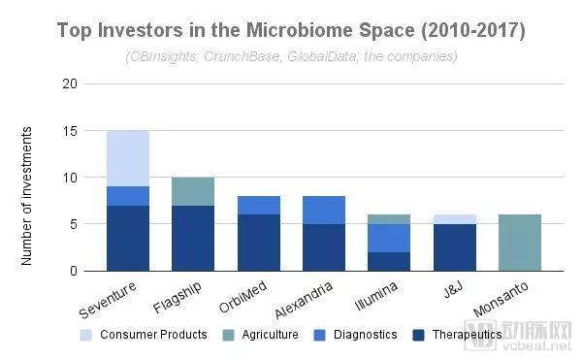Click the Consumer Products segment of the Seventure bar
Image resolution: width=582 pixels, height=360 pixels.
pyautogui.click(x=128, y=158)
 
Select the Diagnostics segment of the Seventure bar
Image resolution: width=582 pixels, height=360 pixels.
pyautogui.click(x=128, y=196)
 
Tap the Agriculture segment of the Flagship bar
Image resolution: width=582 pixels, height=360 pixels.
pyautogui.click(x=193, y=191)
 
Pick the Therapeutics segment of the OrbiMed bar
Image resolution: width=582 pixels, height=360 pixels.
pyautogui.click(x=259, y=243)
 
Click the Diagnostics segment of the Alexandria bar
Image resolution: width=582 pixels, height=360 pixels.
pyautogui.click(x=324, y=210)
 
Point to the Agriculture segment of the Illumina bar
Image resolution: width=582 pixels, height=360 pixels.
pyautogui.click(x=389, y=219)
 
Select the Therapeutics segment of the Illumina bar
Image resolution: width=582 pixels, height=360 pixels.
pyautogui.click(x=389, y=262)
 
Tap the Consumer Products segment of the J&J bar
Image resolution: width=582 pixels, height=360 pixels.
pyautogui.click(x=455, y=219)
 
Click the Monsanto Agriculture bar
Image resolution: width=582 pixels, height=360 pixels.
pyautogui.click(x=520, y=243)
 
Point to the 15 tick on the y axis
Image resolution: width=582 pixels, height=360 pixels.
pyautogui.click(x=70, y=131)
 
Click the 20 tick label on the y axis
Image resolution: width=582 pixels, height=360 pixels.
pyautogui.click(x=70, y=83)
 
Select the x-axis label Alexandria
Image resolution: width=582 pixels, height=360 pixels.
pyautogui.click(x=304, y=301)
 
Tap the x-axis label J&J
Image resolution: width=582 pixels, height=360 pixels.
pyautogui.click(x=454, y=290)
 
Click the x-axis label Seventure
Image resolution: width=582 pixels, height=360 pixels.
pyautogui.click(x=108, y=300)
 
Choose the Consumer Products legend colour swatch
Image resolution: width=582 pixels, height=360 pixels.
pyautogui.click(x=85, y=335)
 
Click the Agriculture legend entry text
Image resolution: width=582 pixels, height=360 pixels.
pyautogui.click(x=271, y=335)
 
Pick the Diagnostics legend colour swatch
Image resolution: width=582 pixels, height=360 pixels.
pyautogui.click(x=319, y=335)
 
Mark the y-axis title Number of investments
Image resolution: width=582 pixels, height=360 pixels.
pyautogui.click(x=26, y=196)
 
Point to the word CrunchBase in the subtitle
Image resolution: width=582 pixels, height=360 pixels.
pyautogui.click(x=242, y=56)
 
